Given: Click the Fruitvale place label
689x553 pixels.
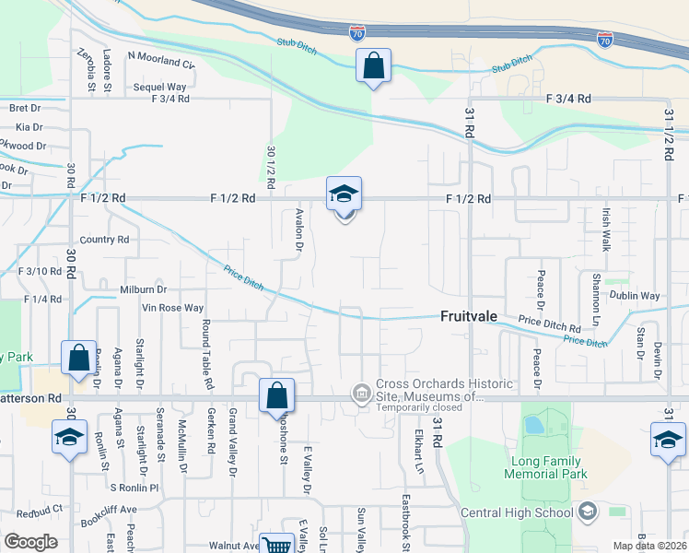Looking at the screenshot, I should click(468, 316).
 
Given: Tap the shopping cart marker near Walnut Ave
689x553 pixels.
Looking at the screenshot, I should click(276, 546).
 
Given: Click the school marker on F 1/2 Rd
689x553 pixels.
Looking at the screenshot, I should click(344, 194).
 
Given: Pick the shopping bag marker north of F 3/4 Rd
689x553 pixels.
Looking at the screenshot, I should click(373, 66).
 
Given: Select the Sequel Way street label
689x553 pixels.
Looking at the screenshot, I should click(160, 87).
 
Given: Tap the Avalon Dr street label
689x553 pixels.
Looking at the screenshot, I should click(298, 229).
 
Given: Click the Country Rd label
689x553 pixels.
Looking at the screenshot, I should click(104, 240).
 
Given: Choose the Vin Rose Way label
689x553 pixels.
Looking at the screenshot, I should click(172, 308).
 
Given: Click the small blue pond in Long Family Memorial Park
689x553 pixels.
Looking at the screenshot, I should click(532, 426).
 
